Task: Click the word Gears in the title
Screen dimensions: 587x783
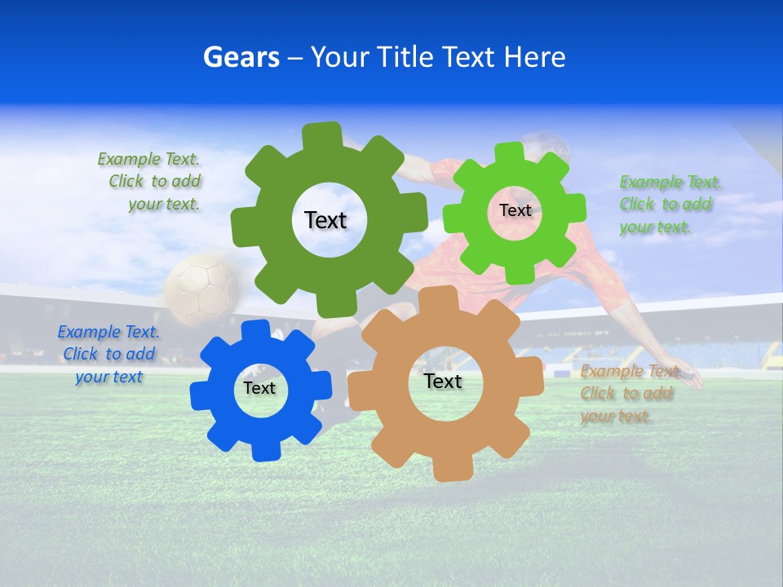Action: (241, 57)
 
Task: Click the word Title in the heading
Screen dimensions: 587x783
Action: (405, 57)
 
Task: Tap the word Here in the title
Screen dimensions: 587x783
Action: (535, 57)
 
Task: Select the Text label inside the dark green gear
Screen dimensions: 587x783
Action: (326, 220)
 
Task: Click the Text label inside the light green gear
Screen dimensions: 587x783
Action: (515, 210)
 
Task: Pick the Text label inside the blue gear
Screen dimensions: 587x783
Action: (259, 389)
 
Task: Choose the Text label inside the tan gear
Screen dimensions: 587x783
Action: (443, 382)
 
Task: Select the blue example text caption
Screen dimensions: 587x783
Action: (108, 354)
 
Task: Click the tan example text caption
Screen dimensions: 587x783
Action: (628, 393)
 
